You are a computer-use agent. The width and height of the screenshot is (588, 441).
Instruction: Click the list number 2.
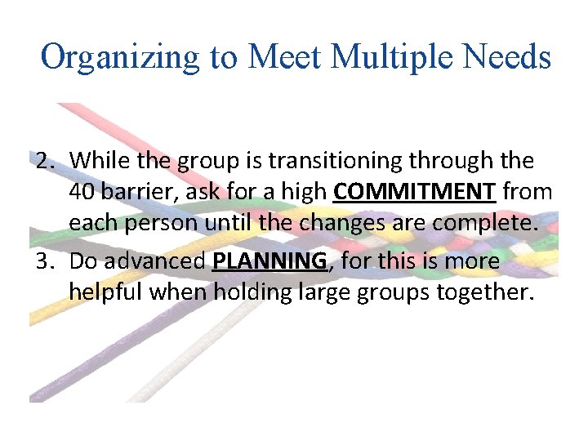tap(44, 162)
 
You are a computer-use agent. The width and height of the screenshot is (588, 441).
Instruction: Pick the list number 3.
tap(44, 262)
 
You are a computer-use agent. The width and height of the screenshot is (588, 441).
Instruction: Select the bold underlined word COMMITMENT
tap(415, 193)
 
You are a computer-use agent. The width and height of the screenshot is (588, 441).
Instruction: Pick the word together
tap(482, 292)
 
